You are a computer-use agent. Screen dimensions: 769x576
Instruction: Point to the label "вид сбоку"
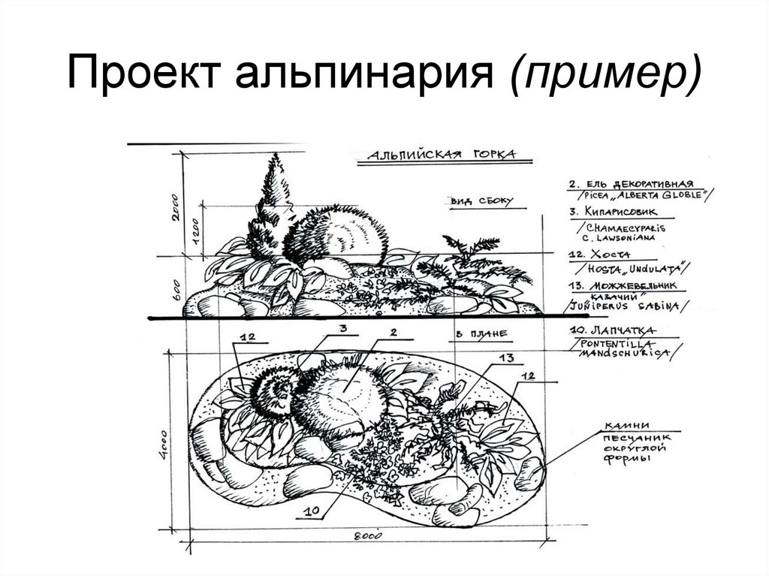[x=481, y=201]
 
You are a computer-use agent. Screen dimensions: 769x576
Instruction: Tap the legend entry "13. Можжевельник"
[x=623, y=287]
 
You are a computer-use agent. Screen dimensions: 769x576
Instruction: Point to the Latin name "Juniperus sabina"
[x=623, y=306]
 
